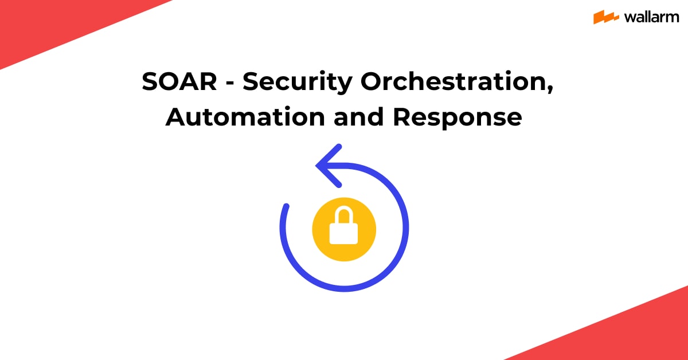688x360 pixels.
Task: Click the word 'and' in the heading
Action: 359,118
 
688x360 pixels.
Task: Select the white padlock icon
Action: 344,226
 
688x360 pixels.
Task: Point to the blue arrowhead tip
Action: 318,166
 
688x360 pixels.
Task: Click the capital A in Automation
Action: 175,118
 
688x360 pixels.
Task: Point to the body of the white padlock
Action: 344,233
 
